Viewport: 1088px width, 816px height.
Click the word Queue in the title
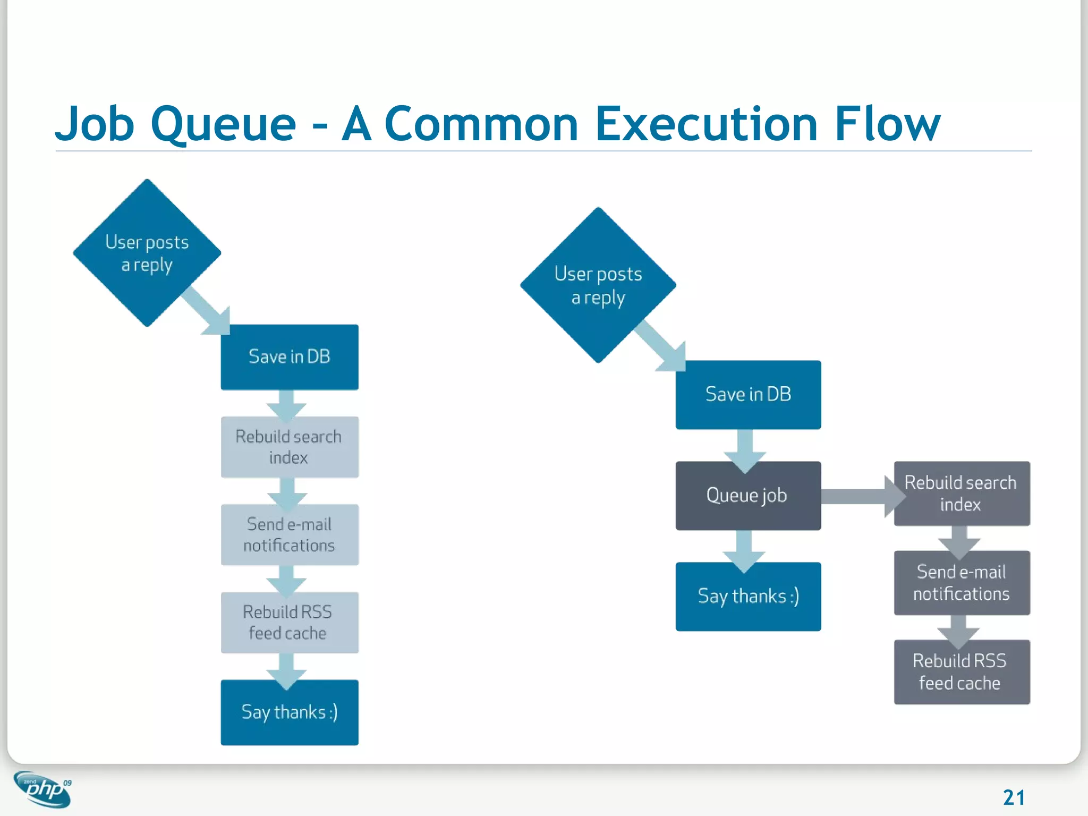223,125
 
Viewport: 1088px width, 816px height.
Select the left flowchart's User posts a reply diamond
147,253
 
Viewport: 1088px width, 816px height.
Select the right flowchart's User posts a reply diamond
598,285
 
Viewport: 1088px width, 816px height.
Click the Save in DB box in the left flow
290,357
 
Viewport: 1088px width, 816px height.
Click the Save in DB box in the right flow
748,395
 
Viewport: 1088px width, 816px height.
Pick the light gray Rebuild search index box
290,447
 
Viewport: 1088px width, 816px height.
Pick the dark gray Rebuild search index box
962,494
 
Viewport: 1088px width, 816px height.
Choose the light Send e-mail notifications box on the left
290,534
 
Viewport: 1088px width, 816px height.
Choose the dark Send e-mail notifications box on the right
962,583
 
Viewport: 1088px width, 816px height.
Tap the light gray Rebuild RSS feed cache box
290,622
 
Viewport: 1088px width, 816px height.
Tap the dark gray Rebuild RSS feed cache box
962,672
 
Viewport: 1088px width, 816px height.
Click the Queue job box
748,496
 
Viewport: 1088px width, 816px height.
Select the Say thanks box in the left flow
290,712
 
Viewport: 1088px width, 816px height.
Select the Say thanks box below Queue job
748,597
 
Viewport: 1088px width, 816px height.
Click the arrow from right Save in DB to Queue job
745,449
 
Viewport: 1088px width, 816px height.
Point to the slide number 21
1014,797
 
